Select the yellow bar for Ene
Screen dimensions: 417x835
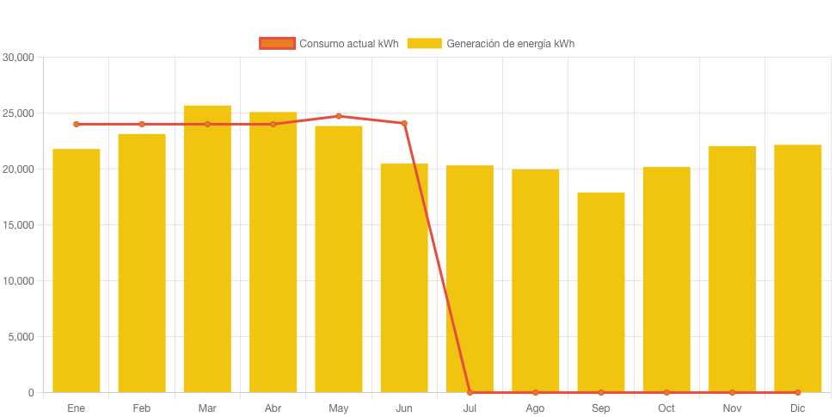pos(77,270)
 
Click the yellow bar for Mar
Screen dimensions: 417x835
pos(207,248)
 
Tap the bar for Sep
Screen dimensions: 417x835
pos(601,291)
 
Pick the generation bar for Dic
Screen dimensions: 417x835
pos(797,268)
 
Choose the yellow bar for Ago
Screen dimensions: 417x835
pos(535,280)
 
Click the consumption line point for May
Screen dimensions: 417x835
pos(339,116)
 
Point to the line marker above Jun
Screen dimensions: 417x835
pos(404,123)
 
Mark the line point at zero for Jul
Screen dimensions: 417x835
pos(470,392)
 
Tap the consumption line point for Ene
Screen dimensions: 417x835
pos(77,124)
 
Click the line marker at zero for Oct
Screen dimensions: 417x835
pos(666,392)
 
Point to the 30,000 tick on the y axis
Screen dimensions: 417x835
pos(18,58)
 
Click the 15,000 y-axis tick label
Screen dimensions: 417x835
pos(18,225)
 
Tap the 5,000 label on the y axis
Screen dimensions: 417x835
pos(21,337)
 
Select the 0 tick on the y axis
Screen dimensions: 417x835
pos(31,393)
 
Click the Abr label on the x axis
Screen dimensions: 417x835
pos(273,408)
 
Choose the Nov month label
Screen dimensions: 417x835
pos(732,408)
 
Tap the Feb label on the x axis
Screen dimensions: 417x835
pos(142,408)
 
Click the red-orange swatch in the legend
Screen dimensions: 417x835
pos(277,43)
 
